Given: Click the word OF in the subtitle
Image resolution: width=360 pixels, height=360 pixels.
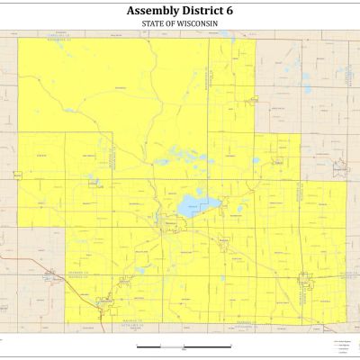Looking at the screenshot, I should [177, 22].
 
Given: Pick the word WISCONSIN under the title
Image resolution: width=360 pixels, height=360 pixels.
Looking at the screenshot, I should [202, 22].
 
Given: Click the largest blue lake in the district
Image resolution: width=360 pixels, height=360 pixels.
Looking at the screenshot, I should [192, 208].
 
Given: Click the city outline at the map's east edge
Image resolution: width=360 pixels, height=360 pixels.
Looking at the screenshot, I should [340, 166].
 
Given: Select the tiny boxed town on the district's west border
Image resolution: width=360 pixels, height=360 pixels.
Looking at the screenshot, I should [17, 171].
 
